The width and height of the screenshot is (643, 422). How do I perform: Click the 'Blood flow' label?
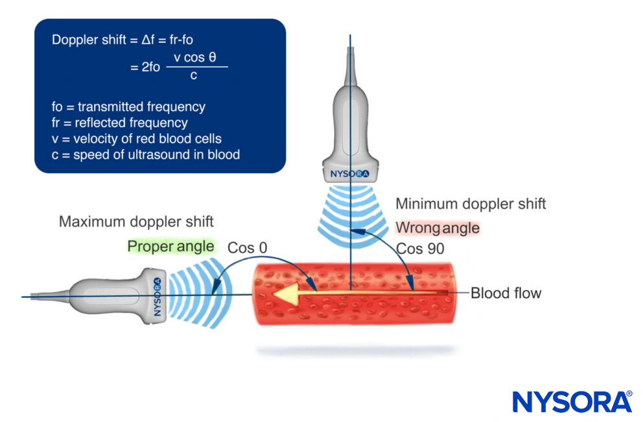tap(506, 293)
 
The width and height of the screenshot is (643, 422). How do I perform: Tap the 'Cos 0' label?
tap(247, 247)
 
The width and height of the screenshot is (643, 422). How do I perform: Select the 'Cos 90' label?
tap(419, 249)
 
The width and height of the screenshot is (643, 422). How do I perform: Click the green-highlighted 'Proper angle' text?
tap(170, 247)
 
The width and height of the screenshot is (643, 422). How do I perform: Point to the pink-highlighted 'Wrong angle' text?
tap(438, 228)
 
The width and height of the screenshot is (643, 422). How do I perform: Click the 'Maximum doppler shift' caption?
tap(136, 222)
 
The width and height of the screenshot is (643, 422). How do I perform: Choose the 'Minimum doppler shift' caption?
tap(471, 204)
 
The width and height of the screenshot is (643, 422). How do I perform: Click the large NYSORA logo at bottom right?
tap(572, 401)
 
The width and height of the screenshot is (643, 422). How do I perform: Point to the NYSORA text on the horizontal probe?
tap(158, 297)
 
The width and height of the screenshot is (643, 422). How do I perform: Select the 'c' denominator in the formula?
tap(194, 76)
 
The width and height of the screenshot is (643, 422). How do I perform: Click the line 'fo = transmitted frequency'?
tap(128, 107)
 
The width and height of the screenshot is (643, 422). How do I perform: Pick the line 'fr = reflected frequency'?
tap(120, 123)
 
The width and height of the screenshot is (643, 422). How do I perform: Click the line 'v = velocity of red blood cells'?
tap(137, 138)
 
